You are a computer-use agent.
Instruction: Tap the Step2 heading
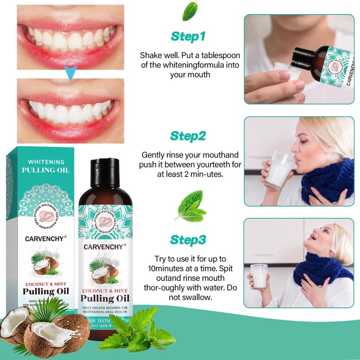(188, 135)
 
